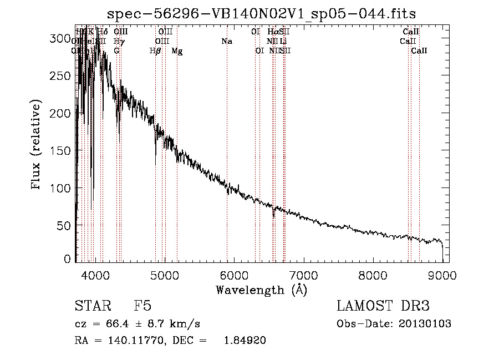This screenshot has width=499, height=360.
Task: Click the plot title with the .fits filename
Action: point(262,13)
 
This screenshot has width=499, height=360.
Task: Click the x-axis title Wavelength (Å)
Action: point(261,290)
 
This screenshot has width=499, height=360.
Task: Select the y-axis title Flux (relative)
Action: point(37,145)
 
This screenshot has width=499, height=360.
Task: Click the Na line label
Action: point(226,41)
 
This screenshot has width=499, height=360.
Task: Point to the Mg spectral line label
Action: point(177,50)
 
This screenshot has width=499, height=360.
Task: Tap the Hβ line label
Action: point(155,50)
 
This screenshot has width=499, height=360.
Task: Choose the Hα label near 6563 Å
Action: point(272,32)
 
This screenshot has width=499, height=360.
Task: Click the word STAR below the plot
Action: point(91,306)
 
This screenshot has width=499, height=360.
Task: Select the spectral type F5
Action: point(142,306)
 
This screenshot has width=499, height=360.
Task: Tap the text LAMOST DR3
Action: point(383,306)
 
